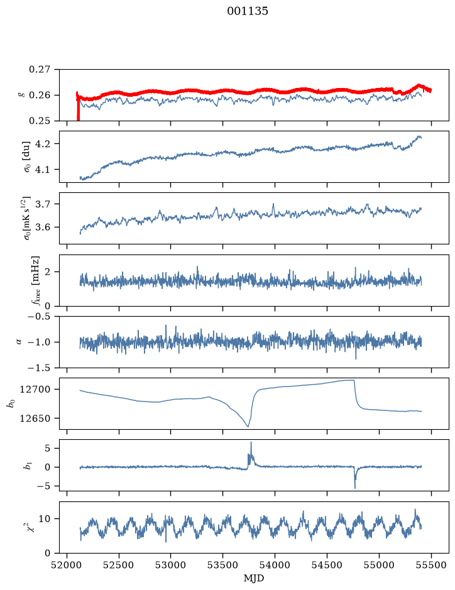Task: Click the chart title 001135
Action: click(247, 11)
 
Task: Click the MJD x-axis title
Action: click(254, 578)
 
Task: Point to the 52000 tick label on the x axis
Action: click(67, 565)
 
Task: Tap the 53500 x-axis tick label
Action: click(223, 565)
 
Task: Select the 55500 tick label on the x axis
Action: click(431, 565)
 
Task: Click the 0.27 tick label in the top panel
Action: click(40, 70)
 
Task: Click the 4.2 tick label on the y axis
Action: click(43, 144)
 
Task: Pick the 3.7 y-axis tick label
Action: click(43, 204)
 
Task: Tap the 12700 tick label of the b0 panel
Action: click(35, 390)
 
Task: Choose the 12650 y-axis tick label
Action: click(35, 418)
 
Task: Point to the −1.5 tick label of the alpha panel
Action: click(39, 368)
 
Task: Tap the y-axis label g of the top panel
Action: click(21, 96)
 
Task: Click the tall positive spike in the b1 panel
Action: click(251, 448)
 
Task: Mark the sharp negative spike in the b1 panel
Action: click(355, 482)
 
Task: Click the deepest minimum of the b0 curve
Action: click(248, 426)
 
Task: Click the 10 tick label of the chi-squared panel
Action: click(45, 519)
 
